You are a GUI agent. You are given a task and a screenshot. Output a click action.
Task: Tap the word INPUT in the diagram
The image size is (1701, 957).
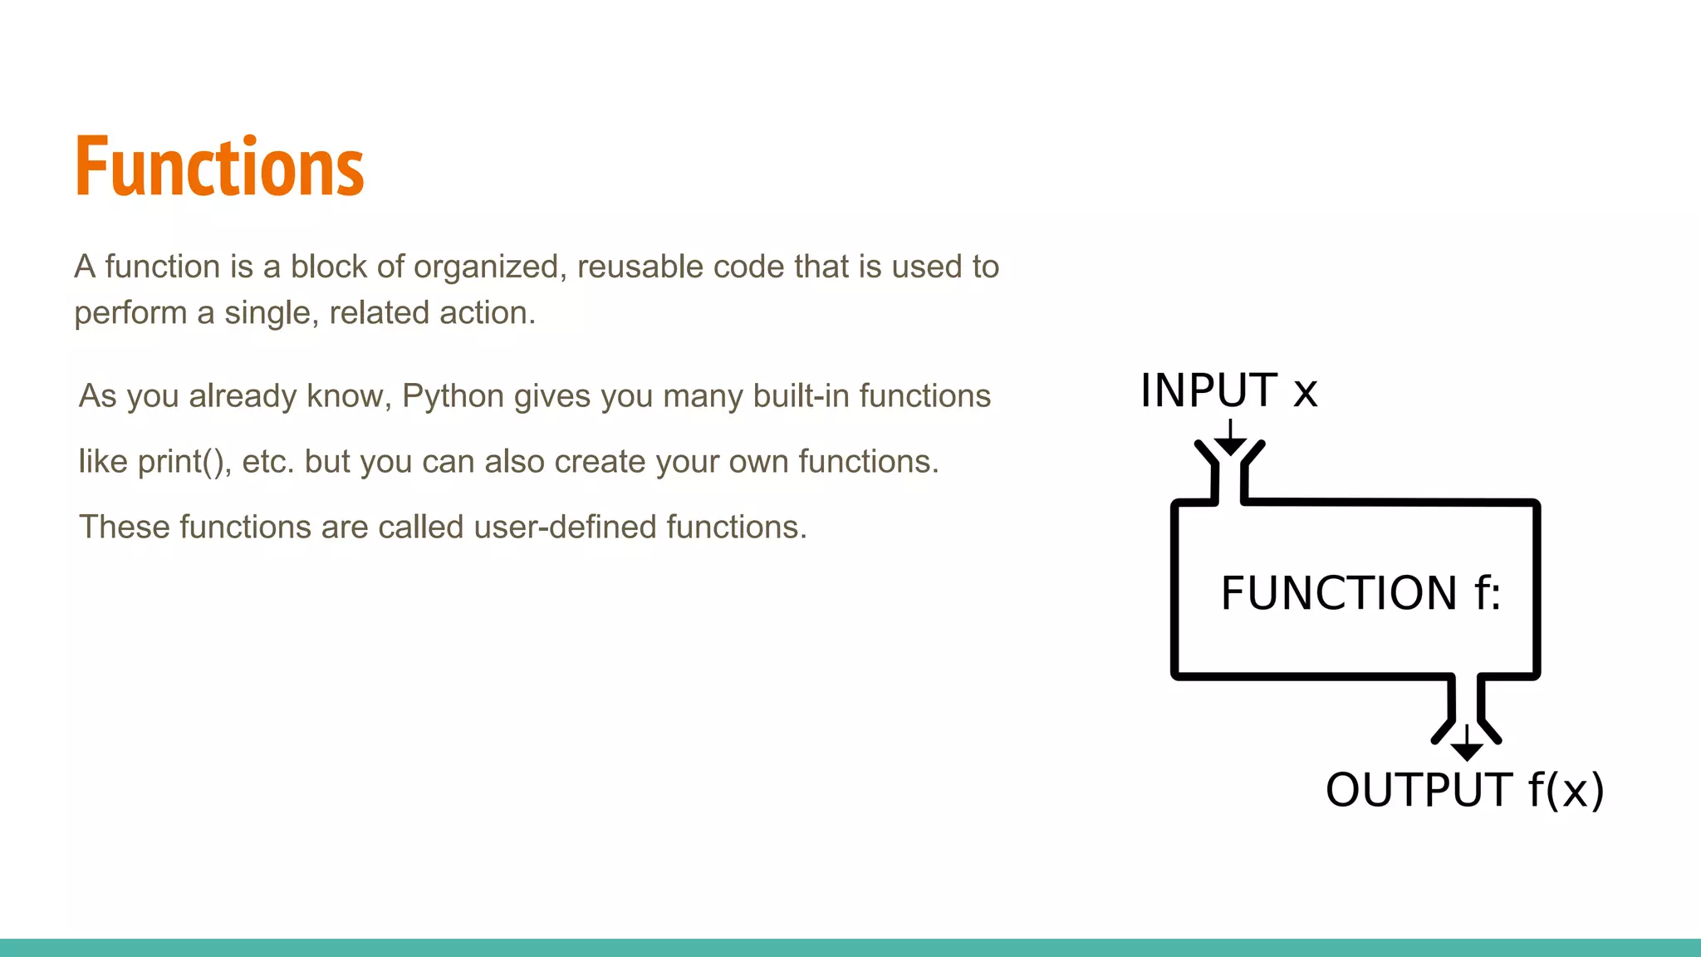tap(1208, 390)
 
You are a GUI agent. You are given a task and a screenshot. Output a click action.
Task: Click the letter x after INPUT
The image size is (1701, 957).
tap(1305, 392)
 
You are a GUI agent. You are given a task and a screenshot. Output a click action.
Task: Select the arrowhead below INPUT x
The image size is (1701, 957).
tap(1230, 446)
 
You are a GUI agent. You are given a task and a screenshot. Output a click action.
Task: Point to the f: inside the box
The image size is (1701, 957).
tap(1488, 593)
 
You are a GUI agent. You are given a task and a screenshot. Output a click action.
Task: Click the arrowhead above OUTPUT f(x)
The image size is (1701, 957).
tap(1467, 750)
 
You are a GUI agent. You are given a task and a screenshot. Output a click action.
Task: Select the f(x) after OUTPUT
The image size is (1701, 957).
tap(1566, 790)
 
